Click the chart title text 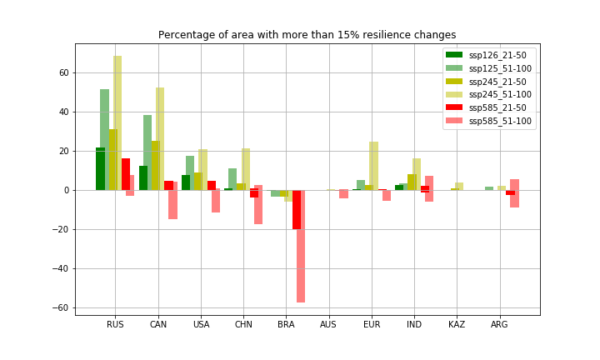pos(307,35)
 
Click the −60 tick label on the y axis pos(60,307)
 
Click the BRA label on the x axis pos(286,324)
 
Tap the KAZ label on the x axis pos(457,324)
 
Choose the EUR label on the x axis pos(372,324)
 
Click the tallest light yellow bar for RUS pos(117,123)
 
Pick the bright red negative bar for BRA pos(296,209)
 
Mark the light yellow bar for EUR pos(373,166)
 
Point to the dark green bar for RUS pos(99,169)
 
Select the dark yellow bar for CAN pos(155,166)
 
